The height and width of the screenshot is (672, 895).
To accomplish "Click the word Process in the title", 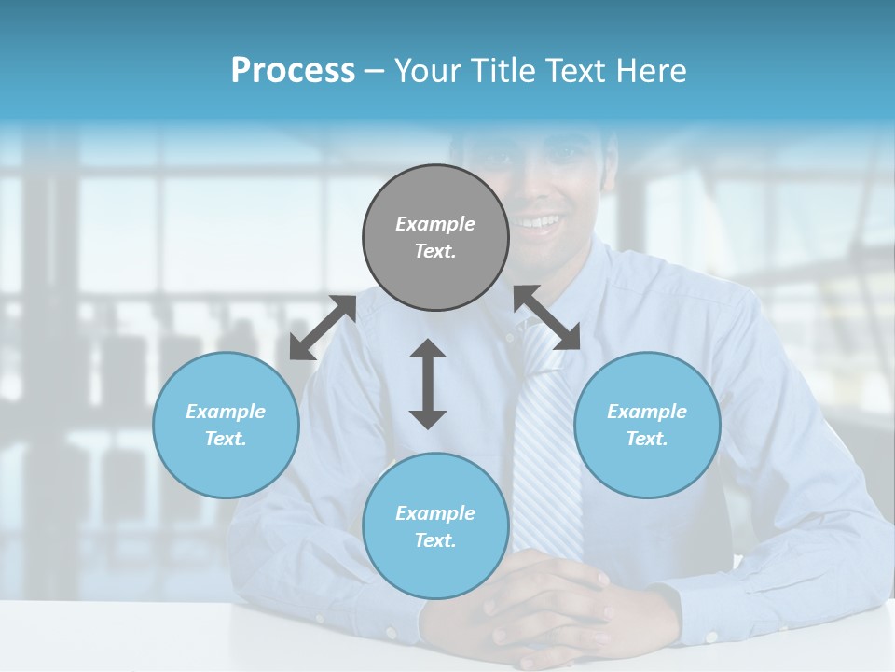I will click(x=293, y=71).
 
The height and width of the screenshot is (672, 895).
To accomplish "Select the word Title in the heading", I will click(x=500, y=71).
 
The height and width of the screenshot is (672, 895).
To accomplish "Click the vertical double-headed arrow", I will click(x=428, y=384).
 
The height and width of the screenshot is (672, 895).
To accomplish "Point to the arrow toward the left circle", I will click(x=323, y=328).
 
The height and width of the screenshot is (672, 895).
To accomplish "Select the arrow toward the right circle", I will click(x=547, y=317).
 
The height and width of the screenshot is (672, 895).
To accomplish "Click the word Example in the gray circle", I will click(x=435, y=224).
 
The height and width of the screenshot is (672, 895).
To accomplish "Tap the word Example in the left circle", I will click(x=226, y=412).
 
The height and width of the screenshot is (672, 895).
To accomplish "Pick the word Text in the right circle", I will click(x=647, y=439).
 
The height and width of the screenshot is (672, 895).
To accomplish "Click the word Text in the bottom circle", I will click(x=435, y=540).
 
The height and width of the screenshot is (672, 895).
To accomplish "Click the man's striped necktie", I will click(x=546, y=439).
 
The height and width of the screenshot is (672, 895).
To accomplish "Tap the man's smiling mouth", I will click(x=538, y=222).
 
